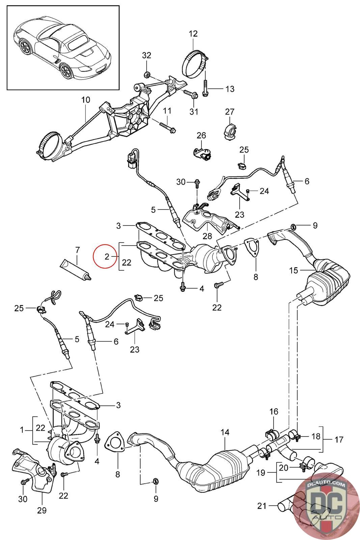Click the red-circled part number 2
(x=107, y=256)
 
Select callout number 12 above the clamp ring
(x=193, y=33)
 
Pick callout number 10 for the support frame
(x=86, y=100)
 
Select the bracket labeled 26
(x=202, y=153)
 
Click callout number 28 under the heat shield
(x=207, y=236)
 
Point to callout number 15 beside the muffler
(x=294, y=270)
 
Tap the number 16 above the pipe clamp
(x=274, y=411)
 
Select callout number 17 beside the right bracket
(x=338, y=439)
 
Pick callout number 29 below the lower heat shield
(x=42, y=510)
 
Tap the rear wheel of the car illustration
(x=66, y=71)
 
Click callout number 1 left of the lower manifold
(x=22, y=430)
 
